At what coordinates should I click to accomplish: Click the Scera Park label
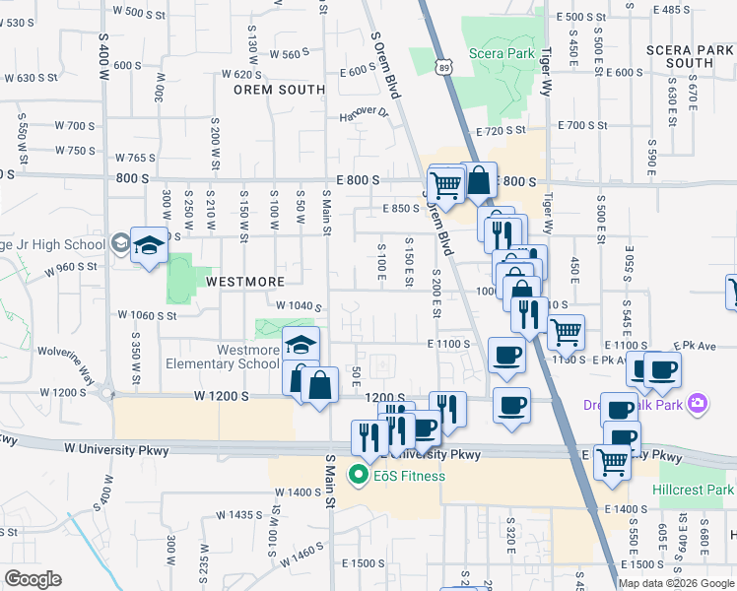click(502, 53)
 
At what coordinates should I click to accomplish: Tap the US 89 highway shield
click(446, 66)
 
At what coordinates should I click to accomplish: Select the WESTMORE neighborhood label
click(244, 282)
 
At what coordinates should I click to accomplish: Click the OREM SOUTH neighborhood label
click(279, 90)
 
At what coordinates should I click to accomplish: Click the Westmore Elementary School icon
click(301, 345)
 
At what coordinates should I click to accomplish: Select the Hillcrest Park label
click(693, 490)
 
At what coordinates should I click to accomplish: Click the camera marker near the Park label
click(699, 403)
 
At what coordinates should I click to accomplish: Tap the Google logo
click(33, 579)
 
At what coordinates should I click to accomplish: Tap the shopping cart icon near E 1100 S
click(566, 333)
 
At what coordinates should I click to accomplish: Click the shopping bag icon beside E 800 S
click(479, 181)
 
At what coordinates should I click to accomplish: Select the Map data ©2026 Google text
click(675, 582)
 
